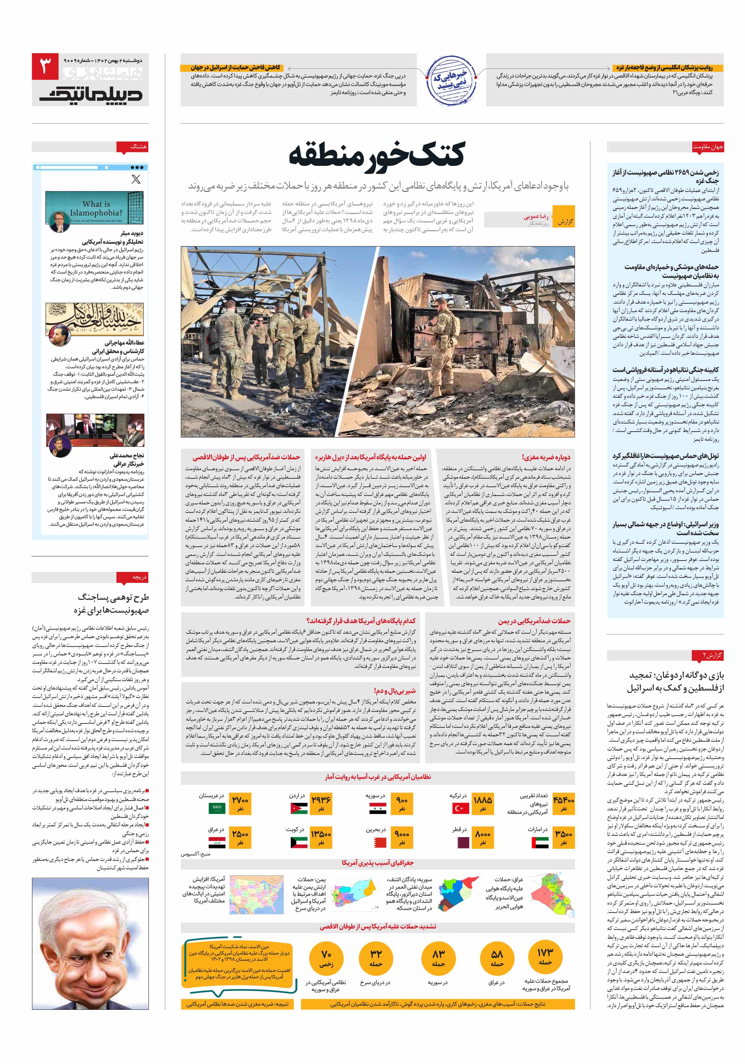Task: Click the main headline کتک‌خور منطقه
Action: click(377, 154)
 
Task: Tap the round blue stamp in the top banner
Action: click(451, 81)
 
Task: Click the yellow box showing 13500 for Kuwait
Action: click(321, 838)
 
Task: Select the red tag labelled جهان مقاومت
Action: click(707, 147)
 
